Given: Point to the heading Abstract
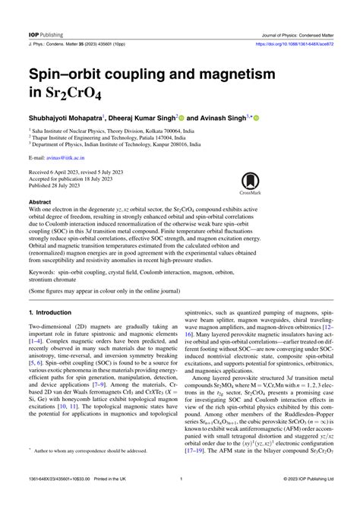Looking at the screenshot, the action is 40,202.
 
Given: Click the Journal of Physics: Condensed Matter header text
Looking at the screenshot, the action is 296,14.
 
